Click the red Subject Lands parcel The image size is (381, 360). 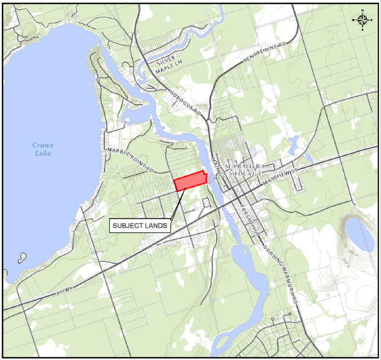point(191,182)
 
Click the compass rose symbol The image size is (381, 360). point(363,21)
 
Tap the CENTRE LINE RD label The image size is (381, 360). point(266,51)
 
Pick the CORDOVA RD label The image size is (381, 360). point(186,103)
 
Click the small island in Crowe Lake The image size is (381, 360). point(22,257)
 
